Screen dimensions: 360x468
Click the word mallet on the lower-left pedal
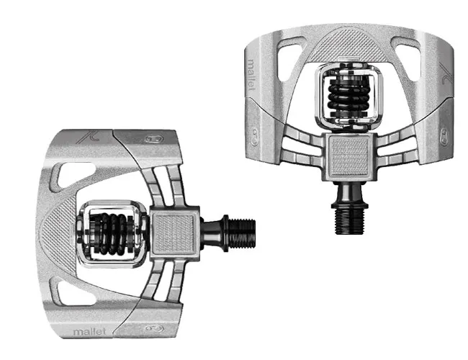point(87,332)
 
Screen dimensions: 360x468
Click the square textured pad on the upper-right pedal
point(346,154)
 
